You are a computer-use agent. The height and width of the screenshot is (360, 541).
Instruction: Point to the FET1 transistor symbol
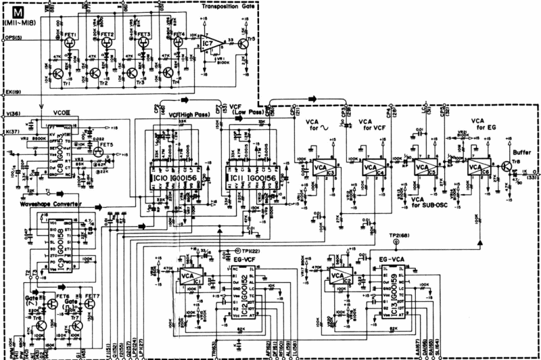click(x=71, y=39)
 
